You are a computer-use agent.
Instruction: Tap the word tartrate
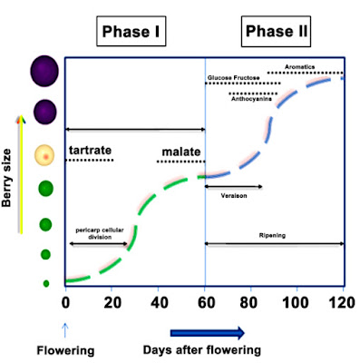[92, 149]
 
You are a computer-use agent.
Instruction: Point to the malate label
[181, 149]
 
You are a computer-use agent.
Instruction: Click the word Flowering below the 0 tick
[63, 348]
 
